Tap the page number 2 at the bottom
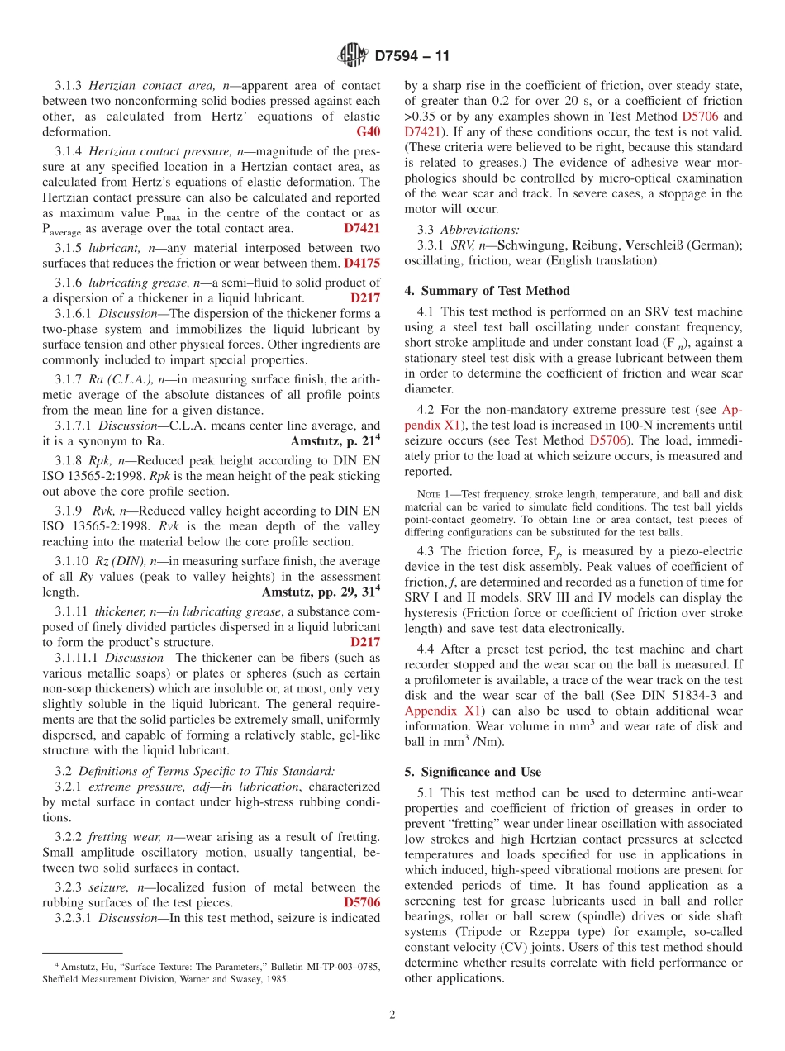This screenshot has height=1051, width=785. click(392, 1015)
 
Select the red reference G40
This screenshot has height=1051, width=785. click(368, 132)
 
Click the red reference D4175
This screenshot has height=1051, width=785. click(362, 264)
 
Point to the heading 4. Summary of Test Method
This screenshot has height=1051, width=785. click(487, 291)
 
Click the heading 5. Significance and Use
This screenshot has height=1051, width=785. click(473, 772)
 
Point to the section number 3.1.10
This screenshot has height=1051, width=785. click(70, 562)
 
